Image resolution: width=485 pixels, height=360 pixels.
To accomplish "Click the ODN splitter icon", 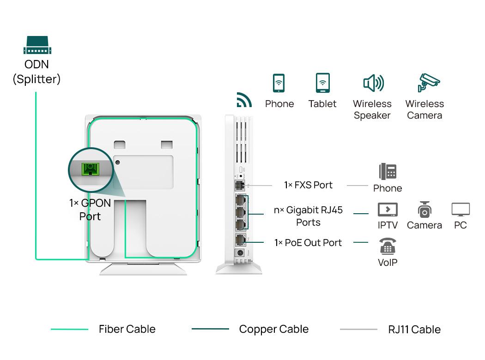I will pyautogui.click(x=37, y=45).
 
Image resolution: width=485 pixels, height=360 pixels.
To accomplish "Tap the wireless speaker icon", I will pyautogui.click(x=373, y=84).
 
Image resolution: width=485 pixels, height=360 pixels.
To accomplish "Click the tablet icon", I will pyautogui.click(x=322, y=83).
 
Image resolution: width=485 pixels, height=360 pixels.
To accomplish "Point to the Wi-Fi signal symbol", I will pyautogui.click(x=244, y=100).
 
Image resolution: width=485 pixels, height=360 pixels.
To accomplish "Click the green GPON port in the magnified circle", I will pyautogui.click(x=90, y=169).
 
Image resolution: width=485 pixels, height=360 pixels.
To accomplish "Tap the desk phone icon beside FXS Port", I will pyautogui.click(x=388, y=171).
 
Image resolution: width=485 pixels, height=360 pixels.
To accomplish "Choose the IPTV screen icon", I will pyautogui.click(x=387, y=210).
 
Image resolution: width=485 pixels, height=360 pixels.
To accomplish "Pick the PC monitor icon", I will pyautogui.click(x=461, y=210).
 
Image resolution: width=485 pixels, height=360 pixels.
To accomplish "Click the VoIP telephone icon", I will pyautogui.click(x=387, y=246).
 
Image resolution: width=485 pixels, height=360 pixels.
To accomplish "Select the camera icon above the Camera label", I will pyautogui.click(x=424, y=210).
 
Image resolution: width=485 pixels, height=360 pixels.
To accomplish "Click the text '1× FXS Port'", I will pyautogui.click(x=308, y=185).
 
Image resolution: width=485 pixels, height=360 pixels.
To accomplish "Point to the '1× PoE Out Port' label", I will pyautogui.click(x=308, y=243).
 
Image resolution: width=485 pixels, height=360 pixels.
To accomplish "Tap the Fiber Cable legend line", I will pyautogui.click(x=69, y=330).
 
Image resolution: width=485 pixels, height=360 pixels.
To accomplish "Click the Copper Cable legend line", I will pyautogui.click(x=210, y=329).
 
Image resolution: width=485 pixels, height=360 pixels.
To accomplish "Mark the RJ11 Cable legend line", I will pyautogui.click(x=358, y=330).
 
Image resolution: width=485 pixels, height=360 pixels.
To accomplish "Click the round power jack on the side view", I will pyautogui.click(x=240, y=253).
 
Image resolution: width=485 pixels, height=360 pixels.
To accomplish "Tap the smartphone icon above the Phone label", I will pyautogui.click(x=279, y=83).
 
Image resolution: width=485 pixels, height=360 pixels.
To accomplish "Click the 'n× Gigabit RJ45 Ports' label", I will pyautogui.click(x=308, y=216).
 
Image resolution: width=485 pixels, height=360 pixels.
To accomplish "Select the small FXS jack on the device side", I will pyautogui.click(x=239, y=185).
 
